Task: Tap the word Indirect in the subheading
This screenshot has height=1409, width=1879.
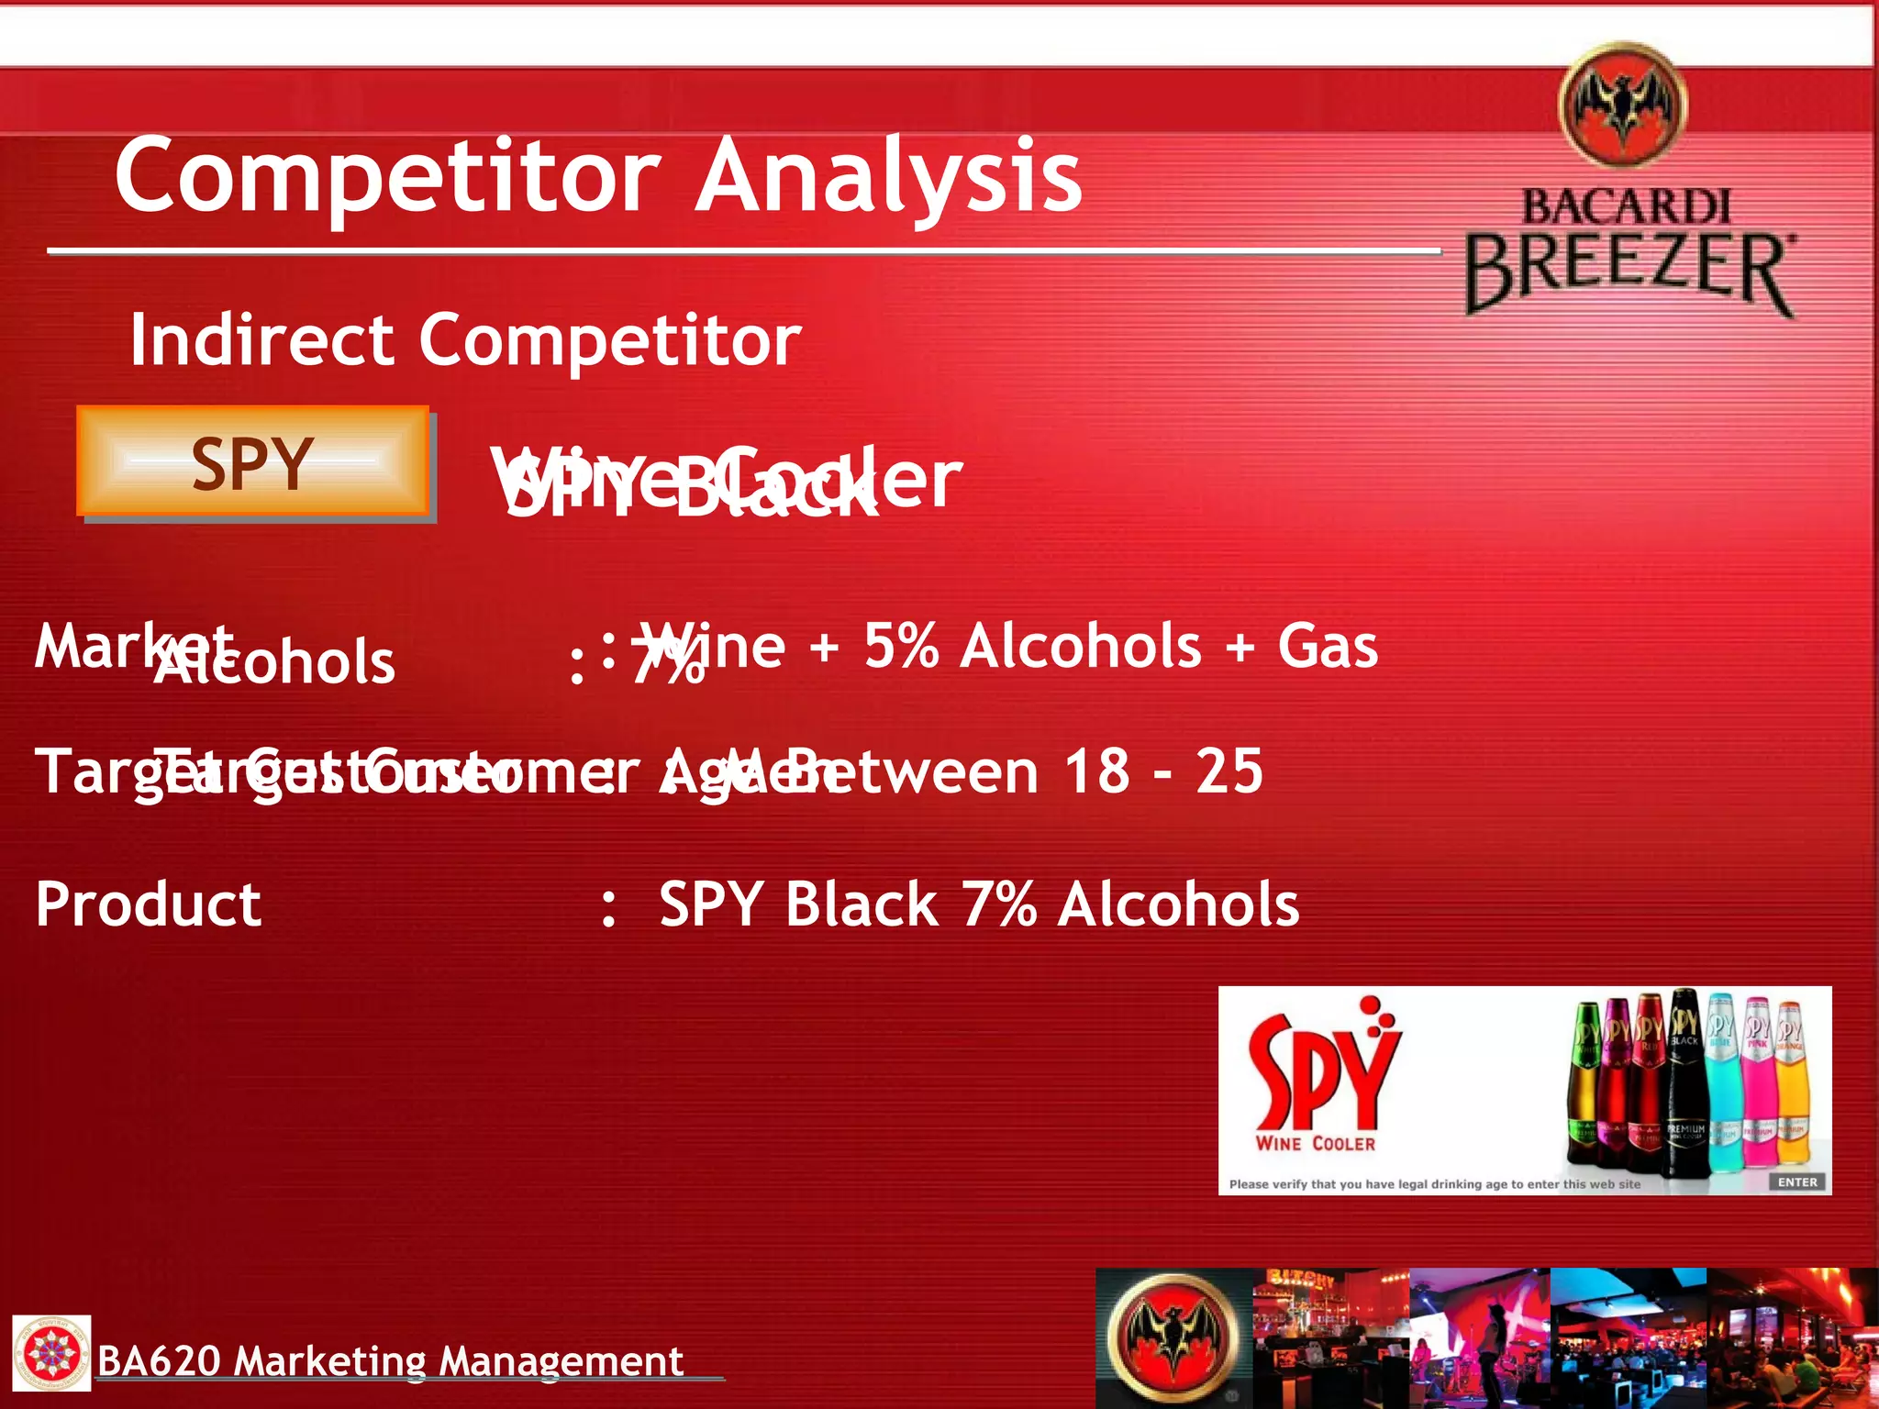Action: click(261, 340)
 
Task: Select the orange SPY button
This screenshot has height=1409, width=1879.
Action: click(252, 461)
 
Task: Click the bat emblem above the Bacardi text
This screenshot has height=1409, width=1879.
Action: click(1623, 105)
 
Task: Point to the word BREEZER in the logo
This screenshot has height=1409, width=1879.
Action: click(1628, 270)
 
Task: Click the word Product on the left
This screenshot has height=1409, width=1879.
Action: click(149, 904)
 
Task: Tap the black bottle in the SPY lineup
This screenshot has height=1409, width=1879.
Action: click(1684, 1082)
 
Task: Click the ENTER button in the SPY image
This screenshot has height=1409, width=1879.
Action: click(1796, 1182)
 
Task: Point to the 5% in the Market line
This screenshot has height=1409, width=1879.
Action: click(901, 646)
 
